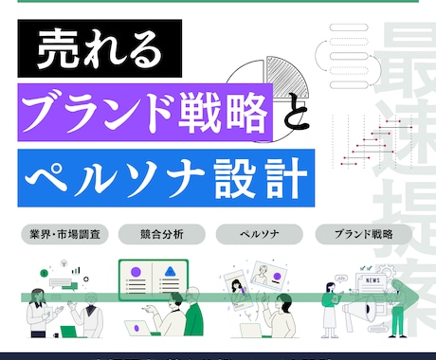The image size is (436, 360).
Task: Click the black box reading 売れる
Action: (94, 53)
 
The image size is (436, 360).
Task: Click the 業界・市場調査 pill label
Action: (64, 233)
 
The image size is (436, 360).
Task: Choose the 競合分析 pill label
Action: (153, 233)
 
